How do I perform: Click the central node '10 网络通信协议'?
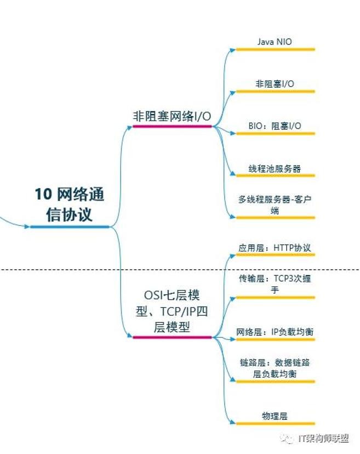70,204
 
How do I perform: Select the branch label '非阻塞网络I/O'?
172,116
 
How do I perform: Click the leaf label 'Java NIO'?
275,42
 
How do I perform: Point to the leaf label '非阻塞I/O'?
275,84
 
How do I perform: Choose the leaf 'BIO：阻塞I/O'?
275,126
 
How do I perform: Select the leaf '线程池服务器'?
275,168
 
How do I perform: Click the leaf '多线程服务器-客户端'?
275,205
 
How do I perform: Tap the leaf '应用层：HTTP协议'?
275,248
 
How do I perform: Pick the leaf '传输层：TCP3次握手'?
275,284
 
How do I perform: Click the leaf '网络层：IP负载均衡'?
275,332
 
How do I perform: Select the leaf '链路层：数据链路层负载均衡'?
275,368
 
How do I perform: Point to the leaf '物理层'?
275,416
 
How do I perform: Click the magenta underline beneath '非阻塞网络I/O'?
172,127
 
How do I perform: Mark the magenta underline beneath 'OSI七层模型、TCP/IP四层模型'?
172,337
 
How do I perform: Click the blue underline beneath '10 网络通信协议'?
70,226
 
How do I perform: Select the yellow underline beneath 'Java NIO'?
275,49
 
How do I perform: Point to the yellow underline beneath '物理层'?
275,423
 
